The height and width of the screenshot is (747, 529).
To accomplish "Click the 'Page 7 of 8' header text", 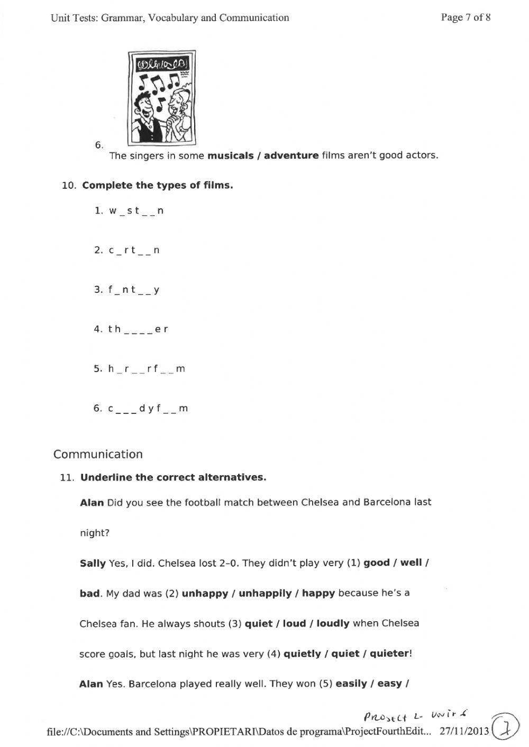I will [x=466, y=17].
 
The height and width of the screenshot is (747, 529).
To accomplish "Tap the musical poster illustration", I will [x=162, y=98].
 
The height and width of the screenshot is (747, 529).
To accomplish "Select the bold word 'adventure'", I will [x=291, y=155].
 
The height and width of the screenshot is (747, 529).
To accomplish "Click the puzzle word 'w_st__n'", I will [x=136, y=211].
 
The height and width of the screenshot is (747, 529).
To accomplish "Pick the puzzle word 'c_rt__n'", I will [x=134, y=251].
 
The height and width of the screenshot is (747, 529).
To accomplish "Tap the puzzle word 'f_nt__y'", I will [x=134, y=290].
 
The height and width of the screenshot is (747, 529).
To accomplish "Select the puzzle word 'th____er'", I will [x=138, y=329].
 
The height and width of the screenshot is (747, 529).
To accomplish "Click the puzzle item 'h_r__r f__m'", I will [x=147, y=369].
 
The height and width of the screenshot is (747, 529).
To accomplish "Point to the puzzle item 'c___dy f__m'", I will [x=148, y=409].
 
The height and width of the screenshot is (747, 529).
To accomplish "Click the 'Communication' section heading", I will [x=98, y=454].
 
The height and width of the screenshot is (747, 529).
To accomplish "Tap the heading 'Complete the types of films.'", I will [x=158, y=186].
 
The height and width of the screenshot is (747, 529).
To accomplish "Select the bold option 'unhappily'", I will [x=264, y=593].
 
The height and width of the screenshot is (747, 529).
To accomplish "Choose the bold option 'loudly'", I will [x=333, y=624].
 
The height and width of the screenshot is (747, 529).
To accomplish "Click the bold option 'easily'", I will [x=351, y=684].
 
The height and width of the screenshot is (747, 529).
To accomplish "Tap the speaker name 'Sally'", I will [x=93, y=563].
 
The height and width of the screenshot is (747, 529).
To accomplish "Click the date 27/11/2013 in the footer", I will [x=464, y=732].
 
